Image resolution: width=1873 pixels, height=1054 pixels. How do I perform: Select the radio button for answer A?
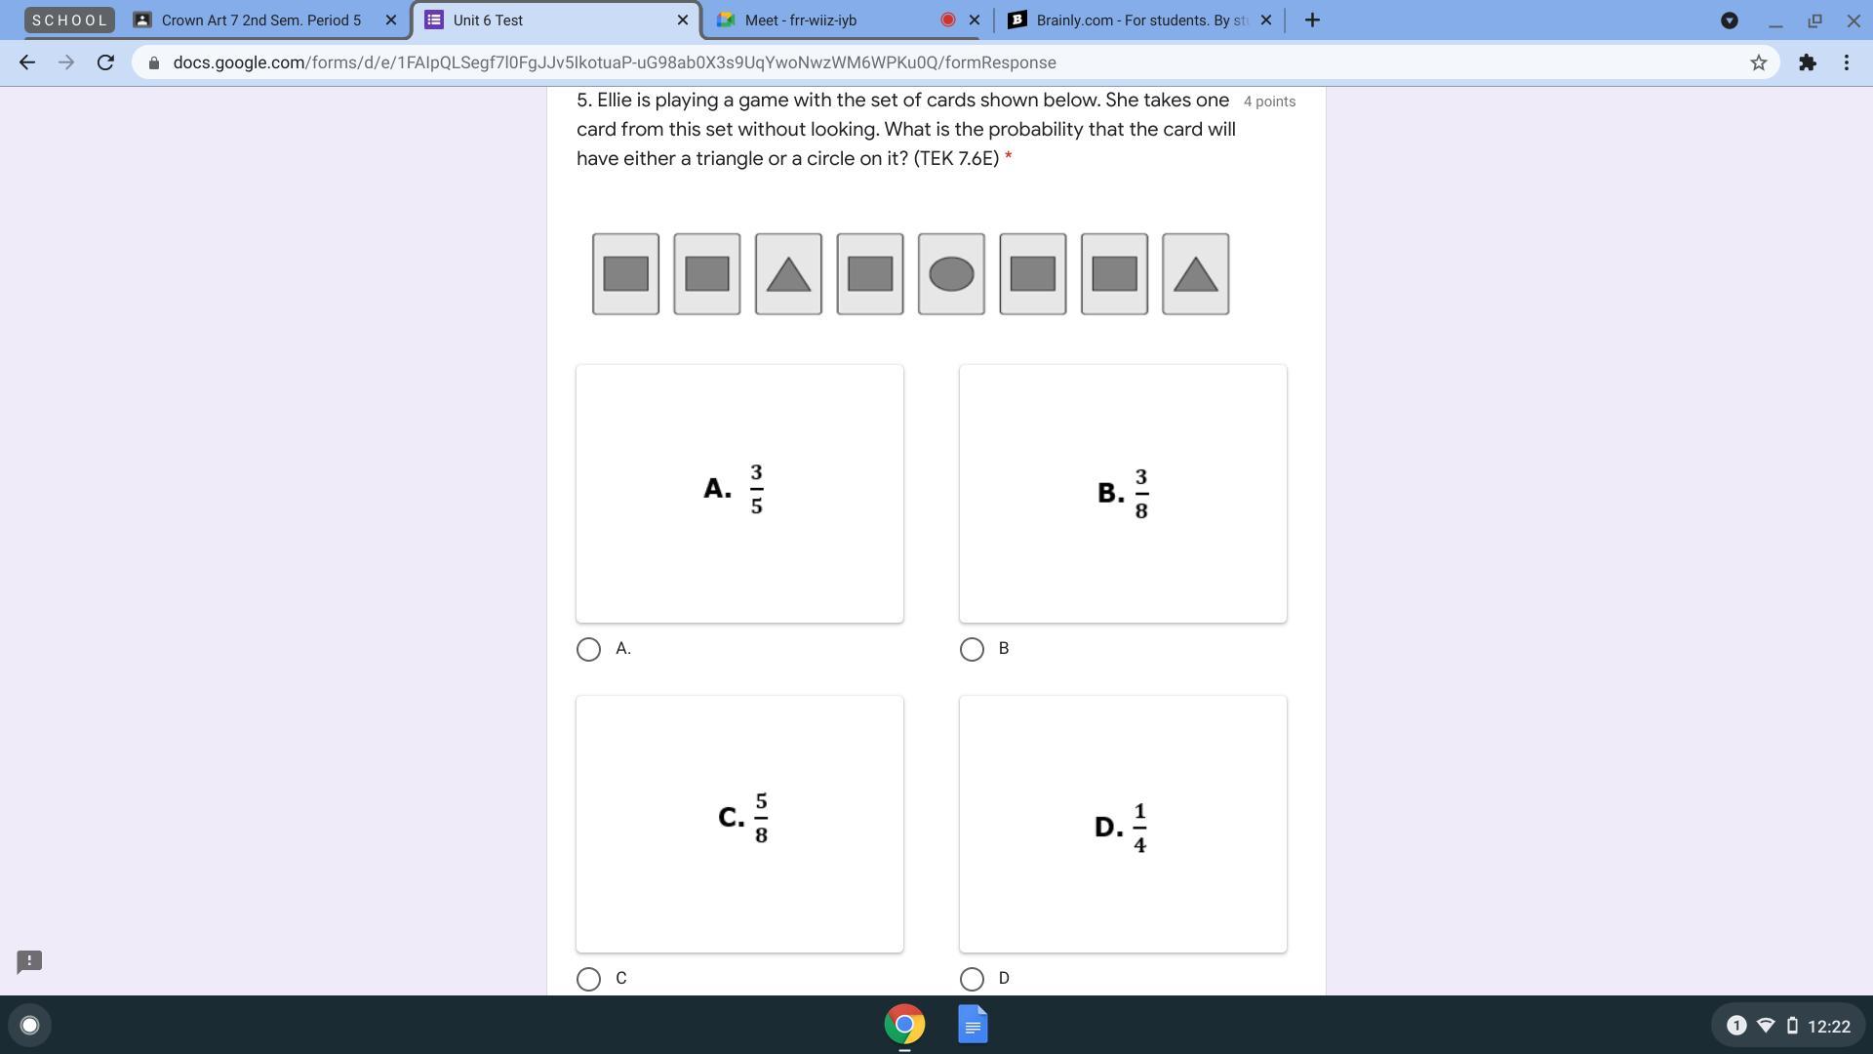[x=588, y=649]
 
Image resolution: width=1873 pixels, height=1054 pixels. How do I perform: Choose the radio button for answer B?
[x=972, y=649]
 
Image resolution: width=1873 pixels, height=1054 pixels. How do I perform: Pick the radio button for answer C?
[x=588, y=979]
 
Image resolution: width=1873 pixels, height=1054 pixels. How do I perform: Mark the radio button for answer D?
[x=972, y=979]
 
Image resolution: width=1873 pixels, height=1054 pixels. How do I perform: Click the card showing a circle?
[x=951, y=274]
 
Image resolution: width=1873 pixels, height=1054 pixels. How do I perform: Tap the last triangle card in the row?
[x=1196, y=274]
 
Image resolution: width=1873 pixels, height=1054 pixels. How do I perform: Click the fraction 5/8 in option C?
[x=761, y=818]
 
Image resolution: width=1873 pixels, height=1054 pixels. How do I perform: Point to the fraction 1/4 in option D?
[x=1139, y=828]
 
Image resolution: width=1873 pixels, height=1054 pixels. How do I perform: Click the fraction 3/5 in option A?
[x=756, y=489]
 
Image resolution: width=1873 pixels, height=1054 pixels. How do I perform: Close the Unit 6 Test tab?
[x=682, y=20]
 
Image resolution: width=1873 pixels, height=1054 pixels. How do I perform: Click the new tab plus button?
[x=1312, y=20]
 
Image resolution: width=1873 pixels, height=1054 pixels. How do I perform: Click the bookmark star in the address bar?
[x=1758, y=62]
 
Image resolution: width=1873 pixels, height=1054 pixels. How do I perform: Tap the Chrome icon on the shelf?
[x=904, y=1025]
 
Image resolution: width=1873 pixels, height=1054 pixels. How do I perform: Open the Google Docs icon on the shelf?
[x=973, y=1025]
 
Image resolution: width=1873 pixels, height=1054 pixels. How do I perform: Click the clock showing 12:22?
[x=1828, y=1026]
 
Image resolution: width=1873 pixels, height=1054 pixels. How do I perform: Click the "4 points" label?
[x=1269, y=101]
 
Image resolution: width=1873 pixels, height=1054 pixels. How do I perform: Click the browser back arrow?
[x=27, y=62]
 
